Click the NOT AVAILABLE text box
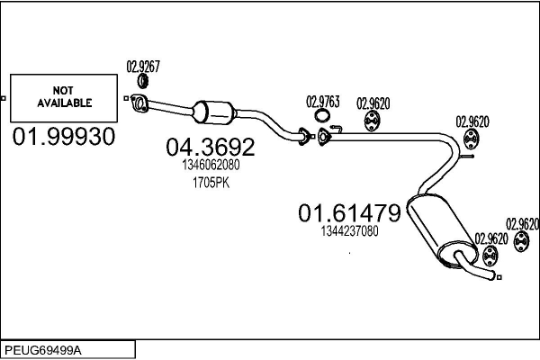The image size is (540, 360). point(65,97)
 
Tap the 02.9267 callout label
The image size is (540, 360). point(143,67)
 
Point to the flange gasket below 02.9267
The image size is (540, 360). point(139,102)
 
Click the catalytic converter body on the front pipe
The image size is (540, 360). point(217,114)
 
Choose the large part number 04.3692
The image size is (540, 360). point(210,147)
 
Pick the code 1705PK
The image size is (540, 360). point(210,183)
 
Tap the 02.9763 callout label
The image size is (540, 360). point(323,101)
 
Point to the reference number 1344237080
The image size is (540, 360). point(349,231)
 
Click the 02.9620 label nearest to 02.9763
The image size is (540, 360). point(373,102)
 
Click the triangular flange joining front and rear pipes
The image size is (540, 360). point(324,136)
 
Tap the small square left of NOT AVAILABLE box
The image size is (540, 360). point(4,97)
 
